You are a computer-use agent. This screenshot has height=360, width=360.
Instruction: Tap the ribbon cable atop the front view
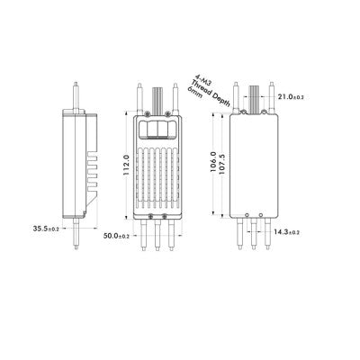(155, 95)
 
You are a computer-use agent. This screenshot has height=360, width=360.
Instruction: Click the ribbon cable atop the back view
(254, 95)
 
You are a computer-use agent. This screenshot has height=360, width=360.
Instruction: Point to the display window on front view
(154, 125)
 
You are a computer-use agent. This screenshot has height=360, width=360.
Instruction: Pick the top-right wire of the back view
(271, 94)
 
